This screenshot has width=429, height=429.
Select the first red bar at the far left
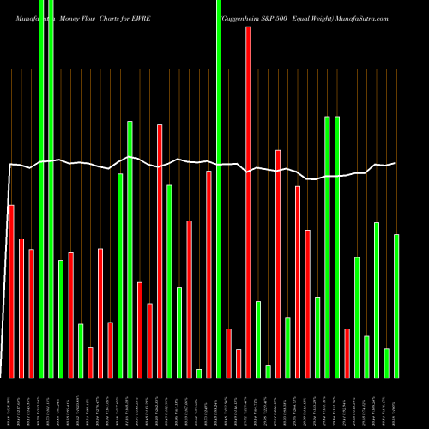(x=11, y=292)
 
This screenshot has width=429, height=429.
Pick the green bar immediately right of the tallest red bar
(x=258, y=339)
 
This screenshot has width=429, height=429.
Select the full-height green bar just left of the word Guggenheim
(x=219, y=189)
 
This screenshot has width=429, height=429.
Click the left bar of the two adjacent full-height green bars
(x=41, y=189)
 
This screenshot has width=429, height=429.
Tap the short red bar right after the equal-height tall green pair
(x=347, y=353)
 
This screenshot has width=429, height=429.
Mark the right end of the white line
(x=396, y=163)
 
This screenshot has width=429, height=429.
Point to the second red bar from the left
(x=21, y=308)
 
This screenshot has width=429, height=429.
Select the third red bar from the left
(x=32, y=313)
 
